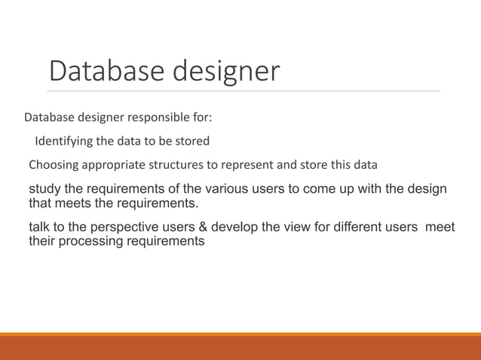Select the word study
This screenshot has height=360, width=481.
coord(43,188)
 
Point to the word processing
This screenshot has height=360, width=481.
coord(93,243)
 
